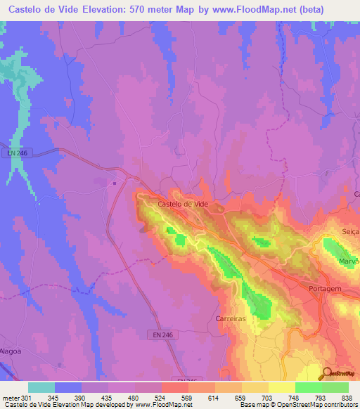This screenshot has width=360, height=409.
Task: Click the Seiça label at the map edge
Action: [350, 231]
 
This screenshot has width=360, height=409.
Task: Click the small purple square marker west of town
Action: [115, 182]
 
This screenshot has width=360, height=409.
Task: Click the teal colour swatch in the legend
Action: [41, 387]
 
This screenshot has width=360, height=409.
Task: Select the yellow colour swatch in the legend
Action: [281, 387]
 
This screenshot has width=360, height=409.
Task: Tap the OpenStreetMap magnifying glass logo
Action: [326, 374]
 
